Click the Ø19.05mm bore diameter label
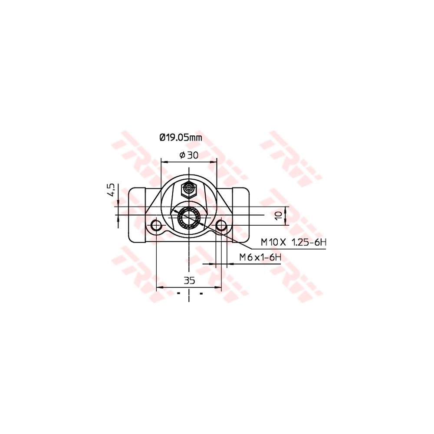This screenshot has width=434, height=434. (181, 138)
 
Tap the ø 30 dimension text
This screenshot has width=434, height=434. (189, 155)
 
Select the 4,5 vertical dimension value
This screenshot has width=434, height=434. (111, 190)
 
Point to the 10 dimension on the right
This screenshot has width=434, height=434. (278, 215)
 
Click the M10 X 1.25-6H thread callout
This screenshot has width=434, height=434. (293, 242)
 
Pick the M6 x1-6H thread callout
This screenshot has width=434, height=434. (260, 257)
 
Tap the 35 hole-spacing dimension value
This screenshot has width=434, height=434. (189, 280)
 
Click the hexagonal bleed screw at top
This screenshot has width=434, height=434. (189, 189)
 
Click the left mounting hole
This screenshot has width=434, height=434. (156, 225)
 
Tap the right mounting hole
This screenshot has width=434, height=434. (221, 225)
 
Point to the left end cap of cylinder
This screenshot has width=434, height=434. (136, 215)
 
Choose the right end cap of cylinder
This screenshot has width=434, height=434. (241, 215)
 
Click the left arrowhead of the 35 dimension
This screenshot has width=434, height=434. (158, 287)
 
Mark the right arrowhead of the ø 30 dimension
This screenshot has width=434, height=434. (214, 161)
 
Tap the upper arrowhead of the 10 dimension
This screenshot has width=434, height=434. (286, 209)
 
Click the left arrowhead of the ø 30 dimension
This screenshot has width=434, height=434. (164, 161)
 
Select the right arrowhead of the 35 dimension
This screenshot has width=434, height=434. (219, 287)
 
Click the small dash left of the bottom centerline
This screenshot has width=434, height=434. (178, 294)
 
